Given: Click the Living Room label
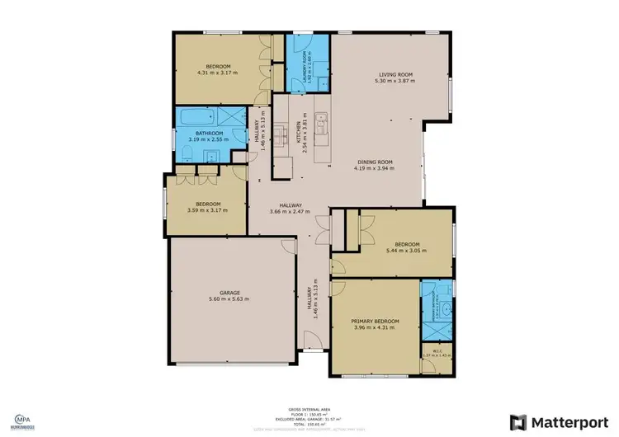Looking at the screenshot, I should point(394,74).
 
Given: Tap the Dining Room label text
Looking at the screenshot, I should point(375,162).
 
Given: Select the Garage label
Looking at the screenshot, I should point(230,292).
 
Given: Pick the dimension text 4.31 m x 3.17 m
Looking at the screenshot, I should point(218,73).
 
